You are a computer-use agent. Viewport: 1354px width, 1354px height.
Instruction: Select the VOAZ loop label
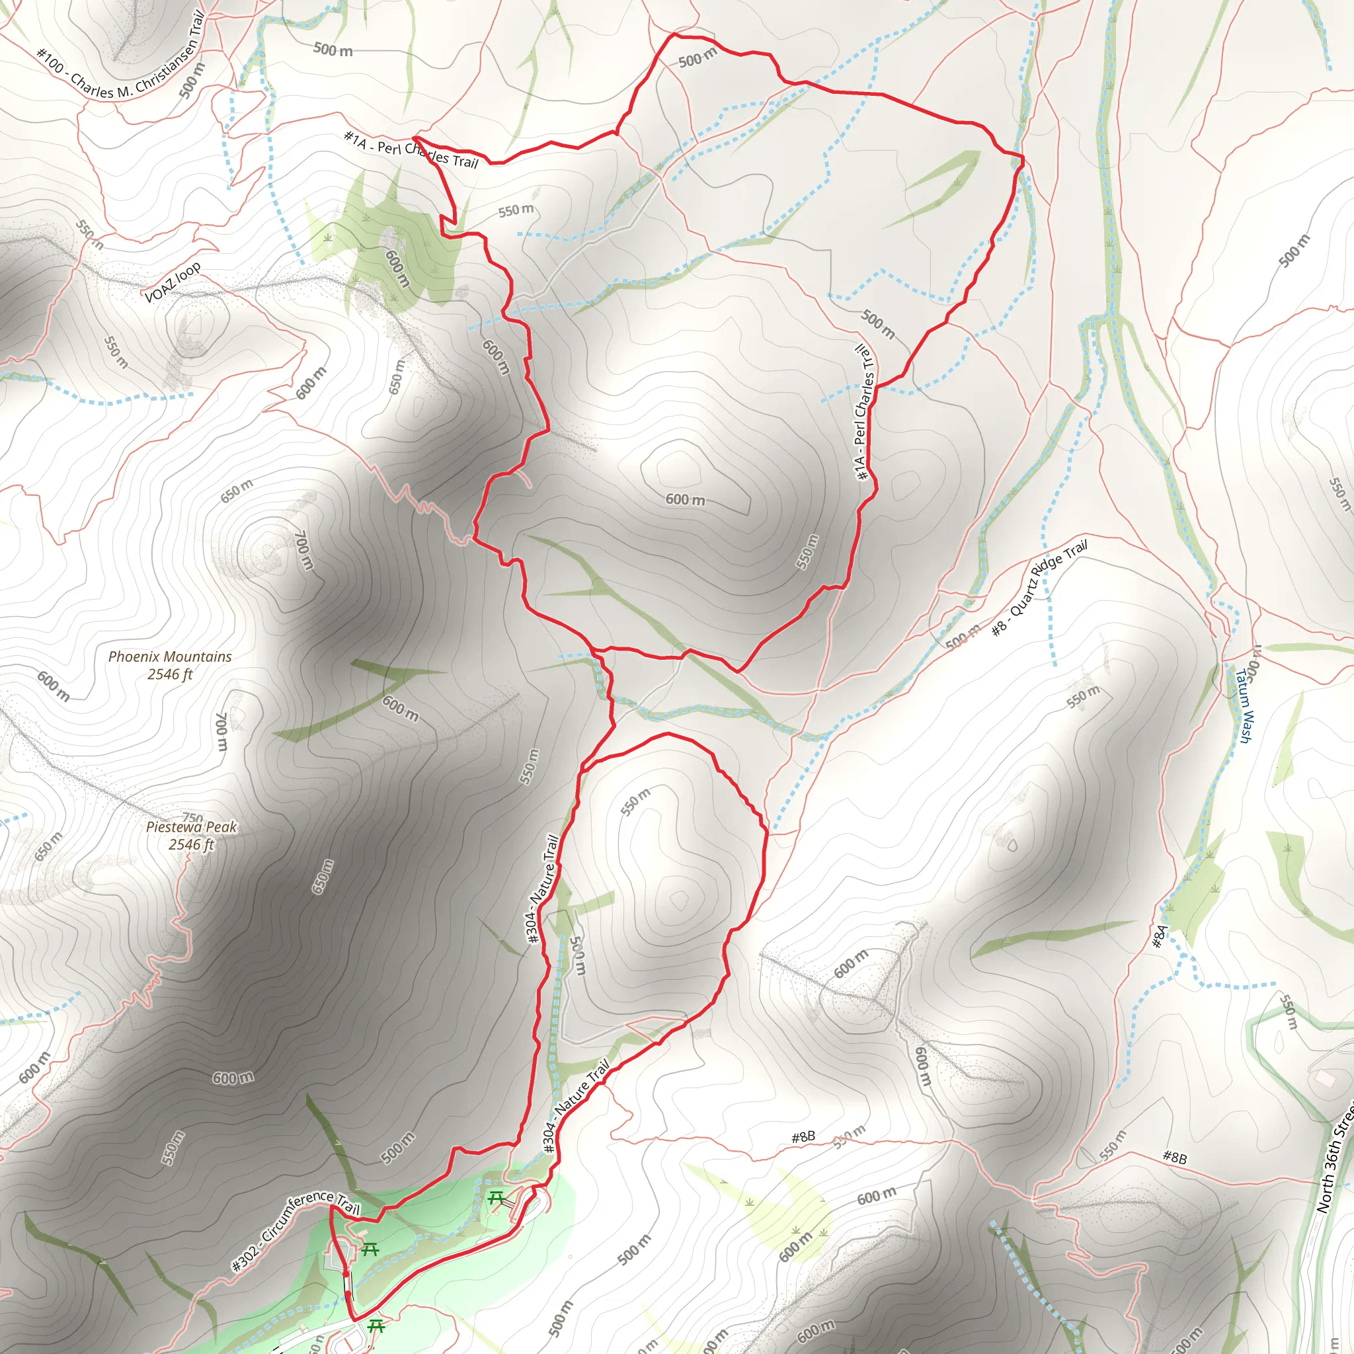tap(173, 282)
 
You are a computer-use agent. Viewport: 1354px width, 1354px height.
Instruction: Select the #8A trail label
tap(1160, 936)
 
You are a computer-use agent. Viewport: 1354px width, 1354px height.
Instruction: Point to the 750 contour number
tap(192, 817)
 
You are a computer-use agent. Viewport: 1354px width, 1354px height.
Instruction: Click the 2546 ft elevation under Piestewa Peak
tap(190, 844)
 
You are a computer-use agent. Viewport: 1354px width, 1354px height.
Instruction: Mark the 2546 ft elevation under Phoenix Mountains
tap(170, 674)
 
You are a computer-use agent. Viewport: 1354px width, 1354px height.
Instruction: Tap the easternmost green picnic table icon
tap(497, 1198)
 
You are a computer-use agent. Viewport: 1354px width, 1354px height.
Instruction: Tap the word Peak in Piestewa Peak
tap(221, 827)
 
